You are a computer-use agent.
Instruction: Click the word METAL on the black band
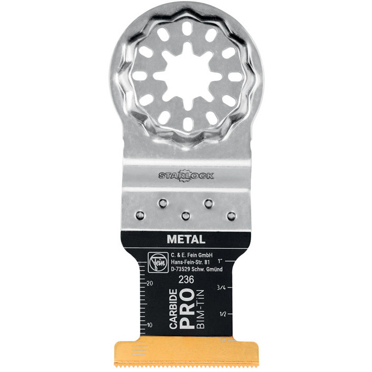coord(186,239)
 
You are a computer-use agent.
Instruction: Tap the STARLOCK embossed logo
coord(186,176)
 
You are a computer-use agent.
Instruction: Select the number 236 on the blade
coord(186,280)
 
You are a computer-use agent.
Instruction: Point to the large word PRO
coord(187,309)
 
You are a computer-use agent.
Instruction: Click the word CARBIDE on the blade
coord(173,309)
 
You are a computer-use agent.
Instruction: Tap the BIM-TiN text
coord(201,309)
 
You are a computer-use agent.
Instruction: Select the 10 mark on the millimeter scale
coord(149,325)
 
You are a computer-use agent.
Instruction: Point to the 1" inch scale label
coord(220,261)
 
